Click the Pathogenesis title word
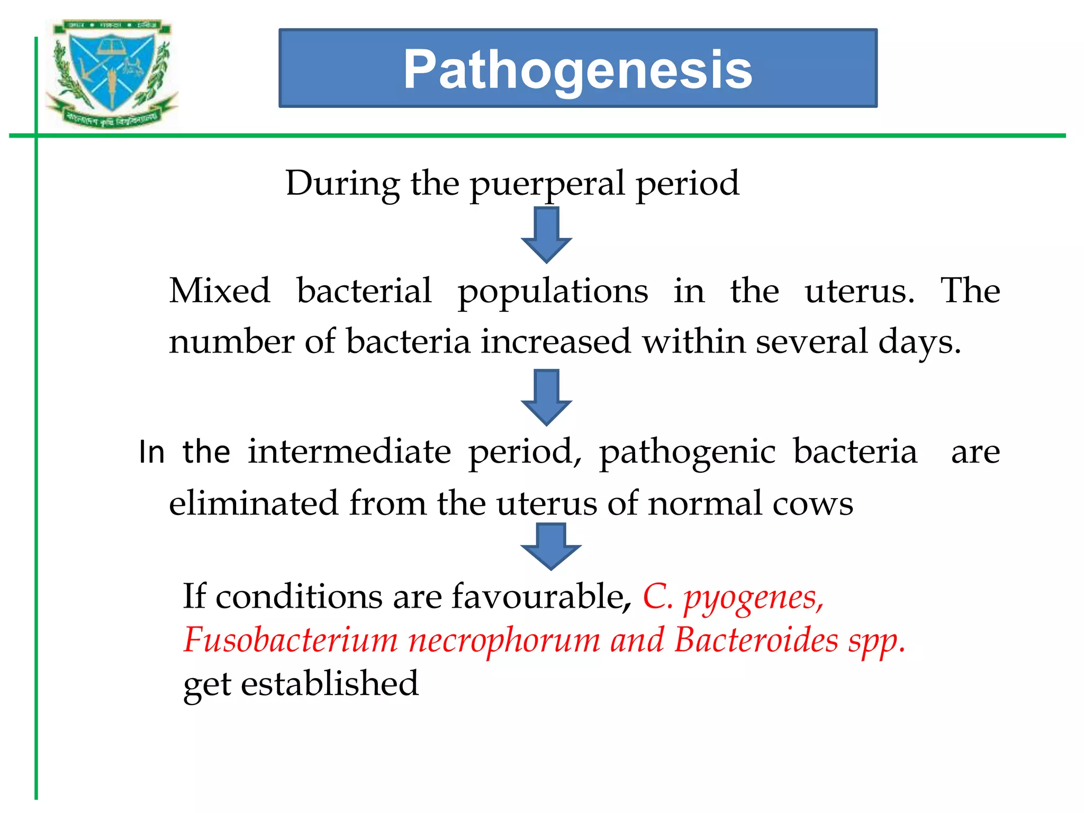pos(577,69)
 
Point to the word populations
pos(553,292)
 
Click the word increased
pos(556,341)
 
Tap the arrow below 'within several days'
pos(546,397)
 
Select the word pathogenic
pos(687,453)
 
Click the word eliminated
pos(253,503)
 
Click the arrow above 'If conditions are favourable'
pos(550,546)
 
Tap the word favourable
pos(538,597)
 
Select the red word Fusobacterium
pos(291,640)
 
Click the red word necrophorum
pos(504,640)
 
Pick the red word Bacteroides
pos(756,640)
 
